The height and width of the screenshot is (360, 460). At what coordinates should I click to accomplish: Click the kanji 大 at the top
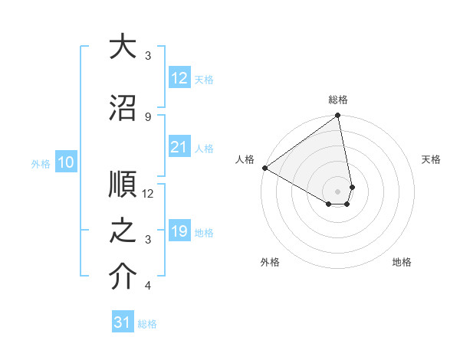(x=123, y=47)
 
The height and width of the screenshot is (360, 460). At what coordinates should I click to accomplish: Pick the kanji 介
(x=123, y=277)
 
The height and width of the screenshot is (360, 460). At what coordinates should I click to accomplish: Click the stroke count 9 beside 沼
(x=148, y=116)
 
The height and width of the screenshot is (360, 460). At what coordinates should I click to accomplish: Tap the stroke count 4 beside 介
(x=148, y=286)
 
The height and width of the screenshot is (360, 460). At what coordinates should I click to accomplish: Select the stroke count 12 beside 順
(x=148, y=194)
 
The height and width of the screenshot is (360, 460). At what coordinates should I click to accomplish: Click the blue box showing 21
(x=179, y=147)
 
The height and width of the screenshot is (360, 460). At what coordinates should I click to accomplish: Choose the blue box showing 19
(x=179, y=231)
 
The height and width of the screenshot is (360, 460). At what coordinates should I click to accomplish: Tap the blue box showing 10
(x=66, y=162)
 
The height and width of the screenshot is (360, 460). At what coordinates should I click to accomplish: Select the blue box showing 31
(x=122, y=322)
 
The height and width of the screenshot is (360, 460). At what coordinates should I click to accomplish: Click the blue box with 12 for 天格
(x=179, y=78)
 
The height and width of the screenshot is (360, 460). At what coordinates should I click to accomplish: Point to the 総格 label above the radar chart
(x=338, y=100)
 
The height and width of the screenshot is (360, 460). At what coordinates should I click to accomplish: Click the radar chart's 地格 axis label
(x=402, y=263)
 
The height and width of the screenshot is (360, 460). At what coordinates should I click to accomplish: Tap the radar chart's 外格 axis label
(x=269, y=263)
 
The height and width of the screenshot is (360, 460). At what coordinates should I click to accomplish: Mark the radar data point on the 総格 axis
(x=337, y=116)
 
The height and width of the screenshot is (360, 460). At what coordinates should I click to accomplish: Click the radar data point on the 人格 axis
(x=264, y=168)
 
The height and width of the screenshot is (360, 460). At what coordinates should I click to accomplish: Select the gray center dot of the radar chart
(x=337, y=191)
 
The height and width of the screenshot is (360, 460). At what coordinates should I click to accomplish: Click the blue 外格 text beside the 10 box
(x=40, y=163)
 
